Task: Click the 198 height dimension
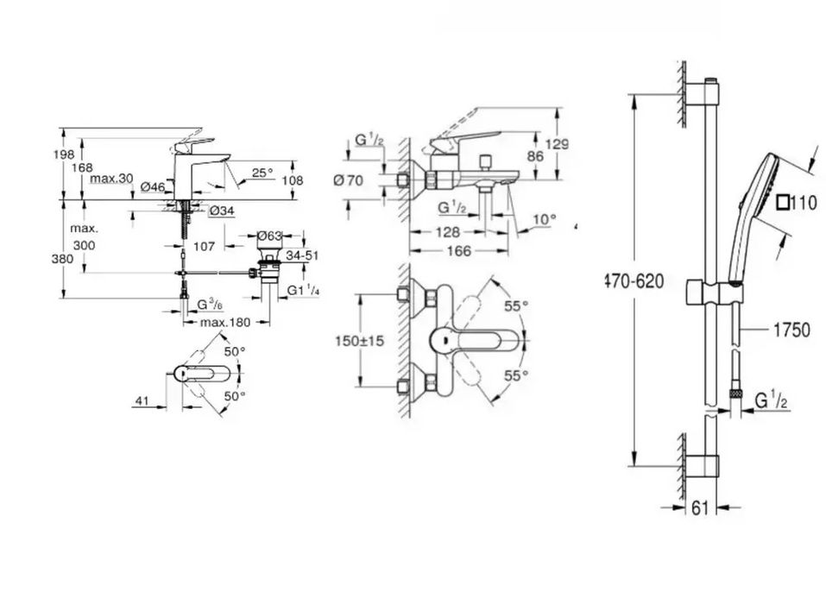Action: point(64,154)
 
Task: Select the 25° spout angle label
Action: point(262,173)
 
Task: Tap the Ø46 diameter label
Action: point(153,186)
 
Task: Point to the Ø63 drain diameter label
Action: point(269,236)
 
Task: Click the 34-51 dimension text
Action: point(302,255)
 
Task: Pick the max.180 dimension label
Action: point(225,322)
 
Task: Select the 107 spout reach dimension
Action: point(204,246)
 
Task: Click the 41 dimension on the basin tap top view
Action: point(142,400)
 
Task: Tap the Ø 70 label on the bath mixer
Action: point(348,180)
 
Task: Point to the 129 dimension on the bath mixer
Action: point(557,144)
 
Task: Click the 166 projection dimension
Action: point(458,251)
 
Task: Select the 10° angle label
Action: point(544,219)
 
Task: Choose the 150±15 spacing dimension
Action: point(360,341)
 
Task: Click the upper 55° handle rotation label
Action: point(516,306)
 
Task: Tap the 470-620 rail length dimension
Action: point(634,282)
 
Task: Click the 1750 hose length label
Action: point(791,330)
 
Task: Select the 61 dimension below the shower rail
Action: point(700,508)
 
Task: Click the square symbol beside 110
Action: point(784,202)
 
